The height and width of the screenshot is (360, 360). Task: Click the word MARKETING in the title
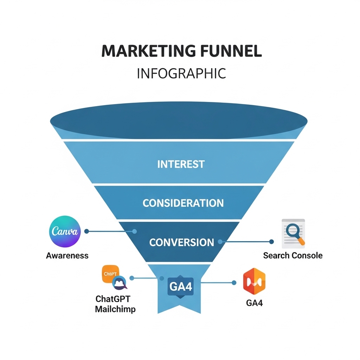tap(149, 51)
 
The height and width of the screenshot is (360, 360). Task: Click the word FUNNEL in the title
tap(231, 51)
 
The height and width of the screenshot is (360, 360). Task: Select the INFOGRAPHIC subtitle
tap(181, 73)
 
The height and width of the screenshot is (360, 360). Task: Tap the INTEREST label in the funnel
tap(181, 164)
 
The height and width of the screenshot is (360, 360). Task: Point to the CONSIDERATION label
tap(183, 203)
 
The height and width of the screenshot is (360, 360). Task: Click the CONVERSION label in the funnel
tap(182, 243)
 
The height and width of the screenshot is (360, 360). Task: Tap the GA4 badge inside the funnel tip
tap(181, 287)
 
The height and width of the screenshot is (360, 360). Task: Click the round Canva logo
tap(65, 231)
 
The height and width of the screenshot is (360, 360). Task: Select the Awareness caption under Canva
tap(67, 256)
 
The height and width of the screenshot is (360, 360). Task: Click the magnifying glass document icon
tap(294, 233)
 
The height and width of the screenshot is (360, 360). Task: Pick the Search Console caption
tap(293, 256)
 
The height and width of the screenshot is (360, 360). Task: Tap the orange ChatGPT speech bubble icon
tap(110, 274)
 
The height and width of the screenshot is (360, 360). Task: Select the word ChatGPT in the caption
tap(113, 299)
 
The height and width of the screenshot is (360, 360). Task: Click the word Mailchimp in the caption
tap(115, 309)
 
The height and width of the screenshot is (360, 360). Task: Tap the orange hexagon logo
tap(254, 281)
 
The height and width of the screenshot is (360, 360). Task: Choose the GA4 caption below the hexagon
tap(254, 303)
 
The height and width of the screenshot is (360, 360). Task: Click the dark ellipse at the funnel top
tap(179, 120)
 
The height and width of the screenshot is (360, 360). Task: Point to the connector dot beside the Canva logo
tap(86, 231)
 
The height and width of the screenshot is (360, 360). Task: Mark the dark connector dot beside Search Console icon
tap(271, 242)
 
